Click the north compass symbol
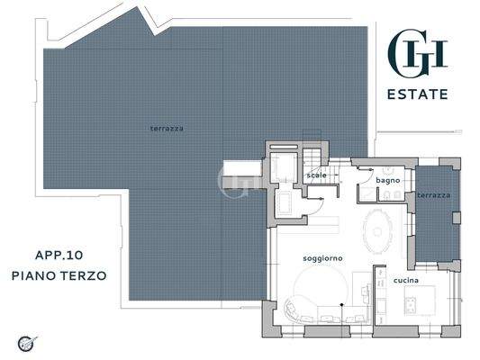27,342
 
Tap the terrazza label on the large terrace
167,129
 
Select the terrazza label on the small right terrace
434,195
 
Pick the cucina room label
405,281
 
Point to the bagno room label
388,181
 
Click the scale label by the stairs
316,175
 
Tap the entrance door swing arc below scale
318,203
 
